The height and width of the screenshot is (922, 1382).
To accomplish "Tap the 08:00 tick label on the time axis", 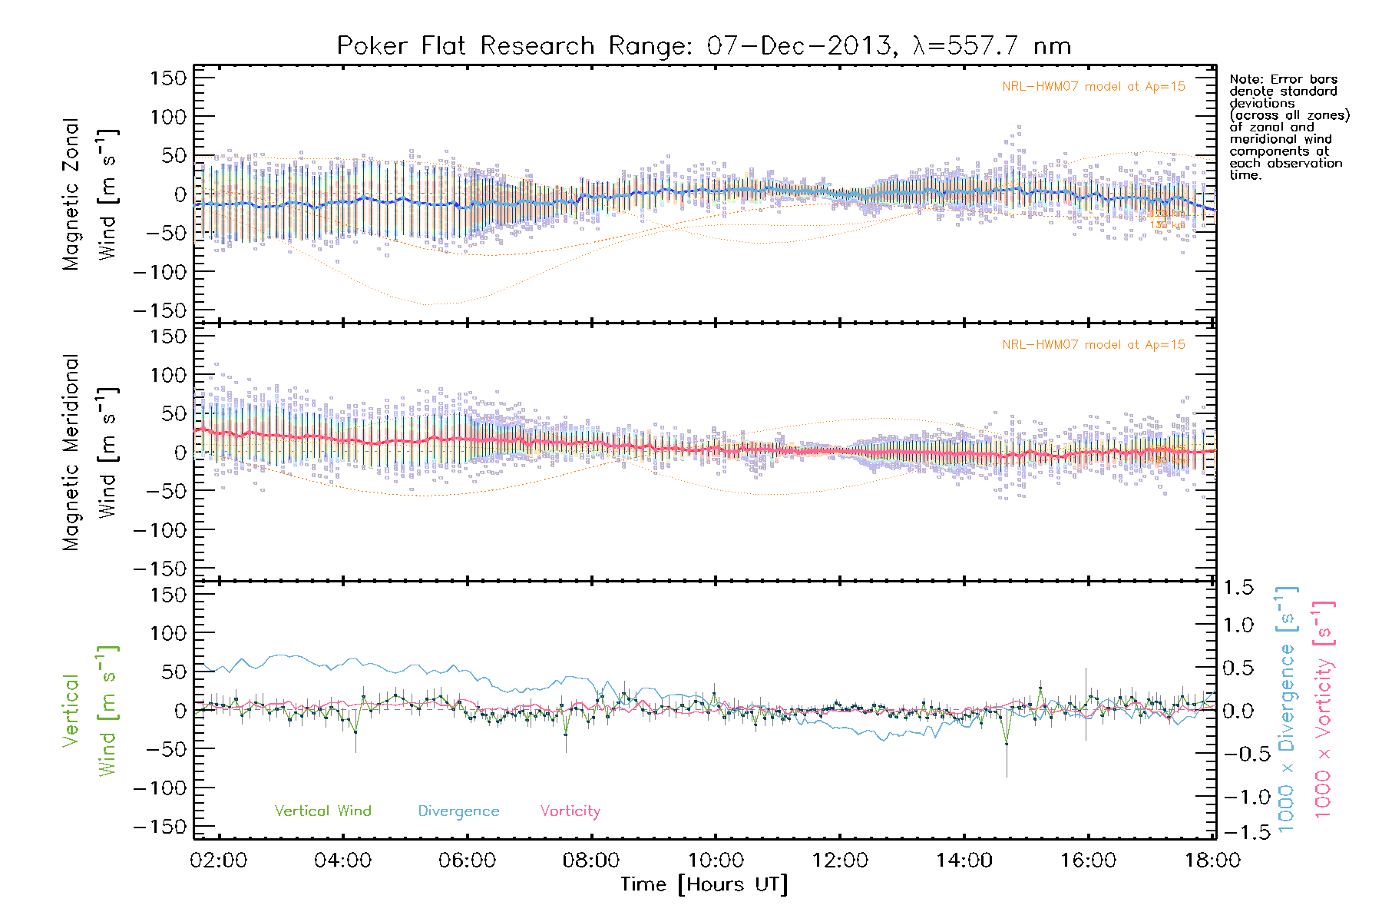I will [x=591, y=861].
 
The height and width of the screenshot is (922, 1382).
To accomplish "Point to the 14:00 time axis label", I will [x=964, y=861].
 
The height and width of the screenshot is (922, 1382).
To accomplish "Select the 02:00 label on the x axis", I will [x=219, y=861].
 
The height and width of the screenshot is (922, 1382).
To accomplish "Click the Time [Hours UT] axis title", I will [x=704, y=885].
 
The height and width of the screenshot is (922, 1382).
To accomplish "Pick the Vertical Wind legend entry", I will [x=322, y=811].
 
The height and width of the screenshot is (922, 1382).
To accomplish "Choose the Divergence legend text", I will [x=458, y=811].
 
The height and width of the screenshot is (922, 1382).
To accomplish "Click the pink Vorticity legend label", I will [x=570, y=811].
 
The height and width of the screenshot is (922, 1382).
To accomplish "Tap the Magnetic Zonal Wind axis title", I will [x=91, y=194].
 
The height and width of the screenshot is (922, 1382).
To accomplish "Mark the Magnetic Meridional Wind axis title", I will [x=91, y=453].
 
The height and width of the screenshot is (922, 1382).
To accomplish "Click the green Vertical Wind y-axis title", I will [x=91, y=711].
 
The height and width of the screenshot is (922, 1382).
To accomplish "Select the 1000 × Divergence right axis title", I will [x=1286, y=711].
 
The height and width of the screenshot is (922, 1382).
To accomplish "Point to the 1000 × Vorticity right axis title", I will [x=1323, y=711].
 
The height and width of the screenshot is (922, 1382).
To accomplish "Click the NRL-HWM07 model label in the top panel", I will [x=1093, y=87].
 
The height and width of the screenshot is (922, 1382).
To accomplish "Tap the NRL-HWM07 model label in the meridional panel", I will [x=1093, y=345].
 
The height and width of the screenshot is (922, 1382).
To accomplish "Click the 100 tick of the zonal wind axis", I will [x=168, y=117].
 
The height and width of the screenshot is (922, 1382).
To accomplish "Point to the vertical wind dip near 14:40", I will [x=1006, y=744].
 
